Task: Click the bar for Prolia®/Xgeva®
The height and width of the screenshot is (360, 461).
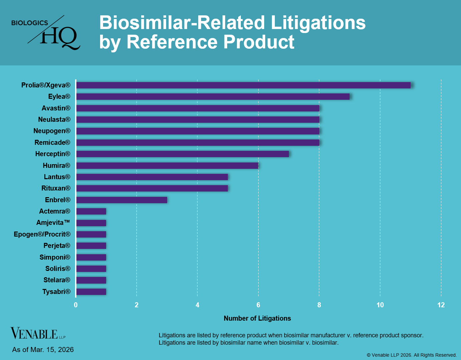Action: coord(243,85)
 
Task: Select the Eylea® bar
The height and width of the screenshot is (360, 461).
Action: coord(213,97)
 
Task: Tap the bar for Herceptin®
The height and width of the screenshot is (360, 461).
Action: coord(182,154)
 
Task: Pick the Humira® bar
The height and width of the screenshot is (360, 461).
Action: coord(167,165)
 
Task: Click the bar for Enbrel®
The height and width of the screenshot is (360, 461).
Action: coord(121,200)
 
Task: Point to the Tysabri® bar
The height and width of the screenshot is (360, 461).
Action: coord(91,292)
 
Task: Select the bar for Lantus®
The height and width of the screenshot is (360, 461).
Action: coord(152,177)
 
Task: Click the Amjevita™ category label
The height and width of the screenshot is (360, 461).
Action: coord(53,223)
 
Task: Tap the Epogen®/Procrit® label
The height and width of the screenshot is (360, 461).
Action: coord(42,234)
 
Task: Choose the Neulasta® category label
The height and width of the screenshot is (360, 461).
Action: coord(54,119)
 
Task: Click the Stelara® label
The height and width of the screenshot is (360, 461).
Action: coord(57,280)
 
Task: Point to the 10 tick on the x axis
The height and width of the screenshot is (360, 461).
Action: coord(380,305)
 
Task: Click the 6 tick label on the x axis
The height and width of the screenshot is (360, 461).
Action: coord(258,305)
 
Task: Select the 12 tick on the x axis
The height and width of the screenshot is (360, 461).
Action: coord(441,305)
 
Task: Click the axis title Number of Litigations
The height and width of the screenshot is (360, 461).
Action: coord(257,318)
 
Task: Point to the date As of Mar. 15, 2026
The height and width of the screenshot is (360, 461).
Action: coord(43,350)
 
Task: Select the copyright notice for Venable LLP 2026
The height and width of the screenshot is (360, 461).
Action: coord(412,355)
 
